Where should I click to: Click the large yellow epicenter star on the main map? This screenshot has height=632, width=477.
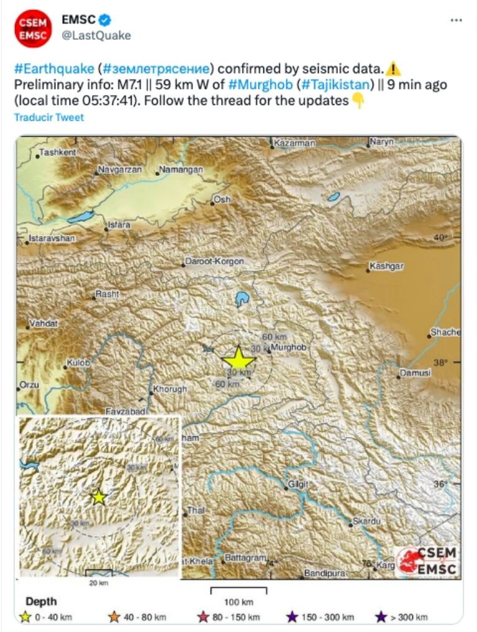tap(238, 359)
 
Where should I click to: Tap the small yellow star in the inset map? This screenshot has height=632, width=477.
tap(98, 497)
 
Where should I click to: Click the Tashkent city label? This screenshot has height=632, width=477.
tap(58, 152)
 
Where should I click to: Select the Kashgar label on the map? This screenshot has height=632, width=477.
tap(386, 267)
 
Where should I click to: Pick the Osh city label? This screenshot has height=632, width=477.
tap(222, 200)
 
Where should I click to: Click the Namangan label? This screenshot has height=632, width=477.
tap(181, 170)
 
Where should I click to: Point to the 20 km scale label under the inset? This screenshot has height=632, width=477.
tap(99, 583)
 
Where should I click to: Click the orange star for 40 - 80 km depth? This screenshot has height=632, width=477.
tap(114, 616)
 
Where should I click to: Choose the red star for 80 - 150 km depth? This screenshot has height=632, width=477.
tap(202, 616)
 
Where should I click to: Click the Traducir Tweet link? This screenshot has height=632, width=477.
tap(48, 117)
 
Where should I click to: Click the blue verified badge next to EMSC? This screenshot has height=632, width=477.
tap(104, 21)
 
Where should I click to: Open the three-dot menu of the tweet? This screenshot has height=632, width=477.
tap(456, 21)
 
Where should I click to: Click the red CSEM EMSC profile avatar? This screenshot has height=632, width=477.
tap(32, 28)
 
